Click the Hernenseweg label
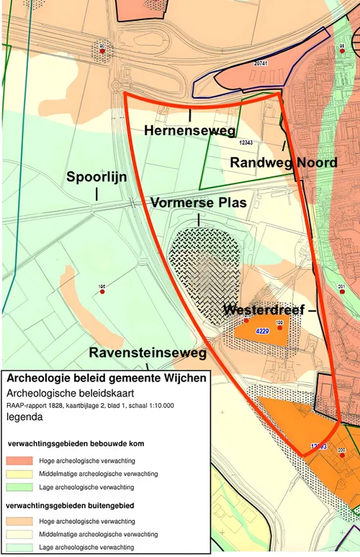pyautogui.click(x=189, y=130)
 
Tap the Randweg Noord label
pyautogui.click(x=283, y=163)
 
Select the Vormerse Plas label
pyautogui.click(x=198, y=203)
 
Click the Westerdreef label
pyautogui.click(x=264, y=310)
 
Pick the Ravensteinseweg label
pyautogui.click(x=148, y=353)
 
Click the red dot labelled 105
pyautogui.click(x=102, y=291)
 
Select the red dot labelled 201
pyautogui.click(x=341, y=291)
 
